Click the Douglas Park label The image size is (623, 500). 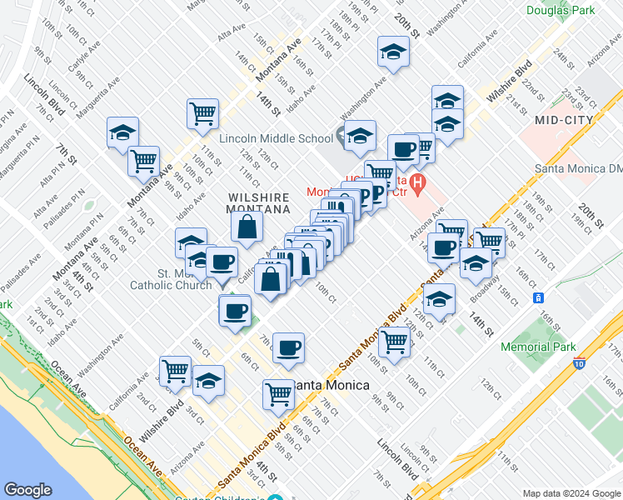560,10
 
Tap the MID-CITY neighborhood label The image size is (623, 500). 564,119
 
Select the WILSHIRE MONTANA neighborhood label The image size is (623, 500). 258,204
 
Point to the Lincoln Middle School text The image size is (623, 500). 276,138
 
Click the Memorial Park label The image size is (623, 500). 539,346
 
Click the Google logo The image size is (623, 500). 27,490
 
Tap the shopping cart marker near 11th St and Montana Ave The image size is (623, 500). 203,112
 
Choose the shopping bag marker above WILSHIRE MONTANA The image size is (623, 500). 247,226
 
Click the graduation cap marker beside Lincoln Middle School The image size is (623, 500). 360,135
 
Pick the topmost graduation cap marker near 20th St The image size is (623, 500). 392,52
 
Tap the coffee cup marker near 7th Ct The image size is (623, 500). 288,347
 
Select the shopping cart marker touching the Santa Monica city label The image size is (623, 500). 278,393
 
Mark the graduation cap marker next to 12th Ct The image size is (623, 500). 439,298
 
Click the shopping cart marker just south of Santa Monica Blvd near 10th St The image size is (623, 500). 394,339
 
